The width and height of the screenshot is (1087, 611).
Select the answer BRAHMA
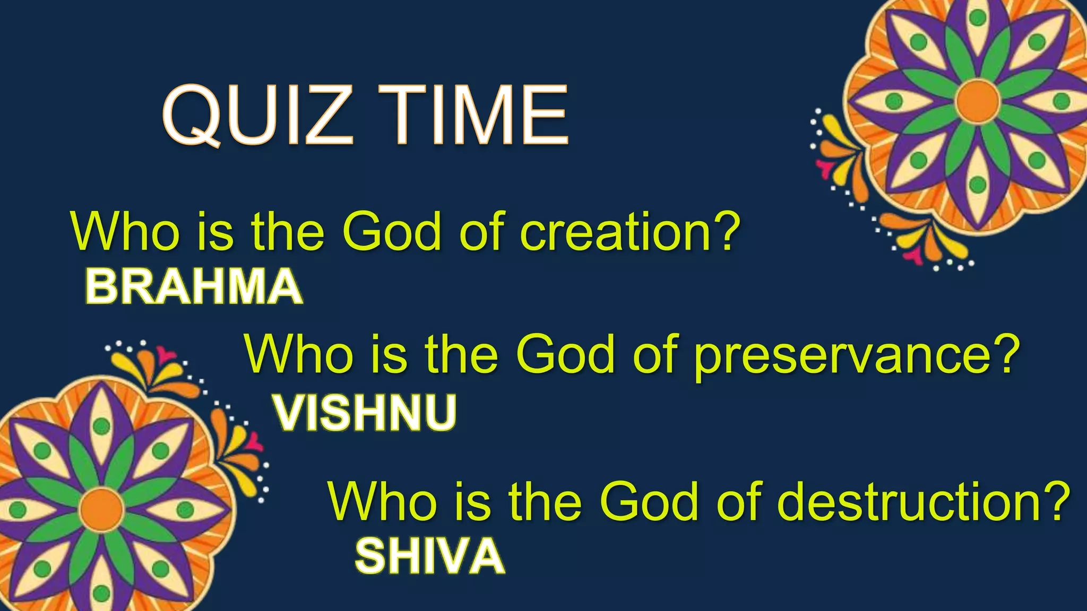click(x=194, y=287)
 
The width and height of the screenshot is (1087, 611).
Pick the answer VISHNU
click(x=365, y=413)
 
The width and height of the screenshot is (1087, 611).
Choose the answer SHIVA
click(x=429, y=556)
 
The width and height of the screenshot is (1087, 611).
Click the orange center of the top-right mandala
click(x=978, y=101)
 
